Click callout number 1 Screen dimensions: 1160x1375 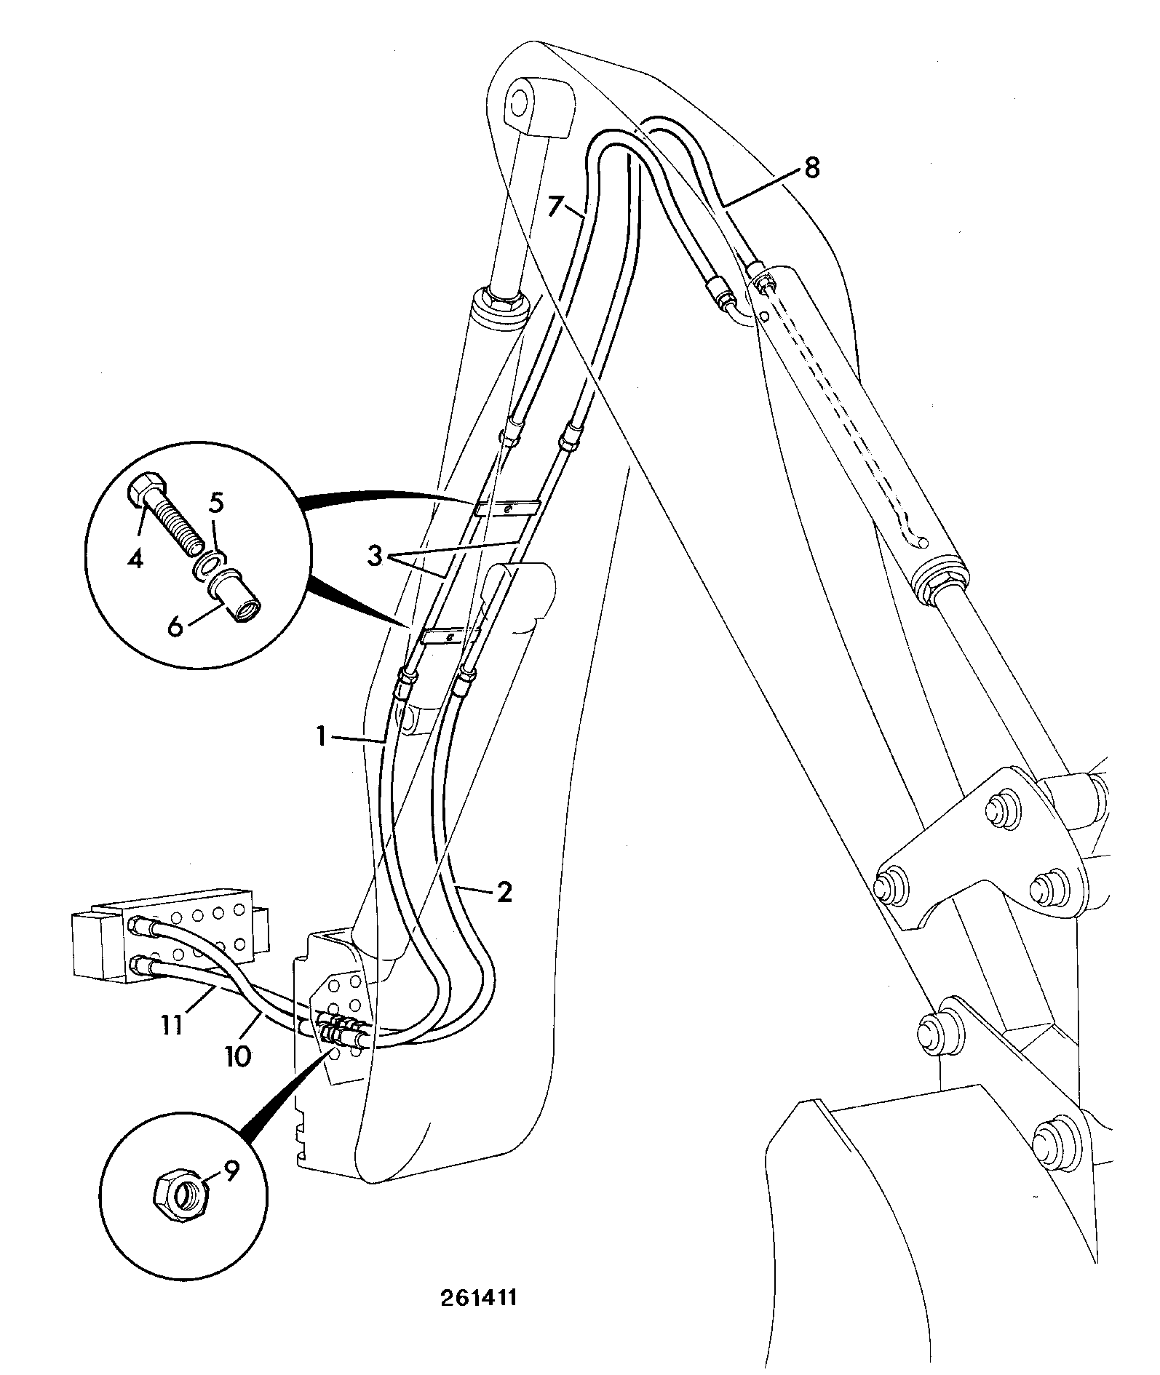pyautogui.click(x=319, y=737)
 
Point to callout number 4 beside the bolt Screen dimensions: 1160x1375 pyautogui.click(x=136, y=558)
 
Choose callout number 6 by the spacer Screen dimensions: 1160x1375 pyautogui.click(x=175, y=625)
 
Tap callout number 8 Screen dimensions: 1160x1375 pyautogui.click(x=811, y=168)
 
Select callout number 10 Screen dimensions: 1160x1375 pyautogui.click(x=238, y=1055)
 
